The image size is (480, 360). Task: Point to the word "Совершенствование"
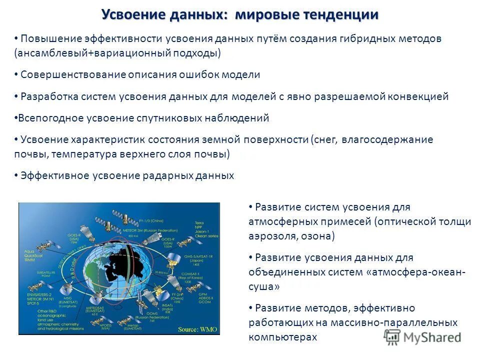(73, 75)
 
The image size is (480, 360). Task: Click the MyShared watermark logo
(422, 337)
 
